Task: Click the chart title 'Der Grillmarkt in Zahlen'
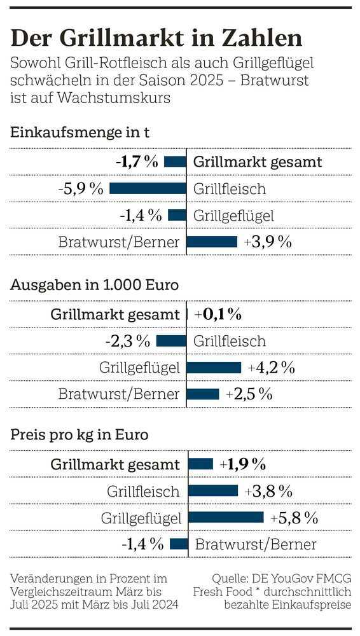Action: (156, 38)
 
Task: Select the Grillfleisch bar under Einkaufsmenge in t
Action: (148, 188)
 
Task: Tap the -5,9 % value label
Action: (80, 188)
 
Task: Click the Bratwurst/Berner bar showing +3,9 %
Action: (212, 242)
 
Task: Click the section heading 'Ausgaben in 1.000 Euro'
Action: (94, 285)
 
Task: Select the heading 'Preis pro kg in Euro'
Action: (80, 435)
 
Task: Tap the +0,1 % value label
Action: (218, 314)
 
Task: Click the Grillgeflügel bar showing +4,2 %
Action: (214, 367)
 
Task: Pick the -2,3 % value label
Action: (127, 341)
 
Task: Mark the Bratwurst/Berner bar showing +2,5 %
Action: (203, 394)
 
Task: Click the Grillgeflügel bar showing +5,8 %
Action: (226, 517)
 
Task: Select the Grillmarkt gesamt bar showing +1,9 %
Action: (200, 464)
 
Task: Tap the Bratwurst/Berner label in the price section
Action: (256, 544)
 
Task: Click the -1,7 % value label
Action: (137, 162)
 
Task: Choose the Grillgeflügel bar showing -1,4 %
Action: (177, 215)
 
